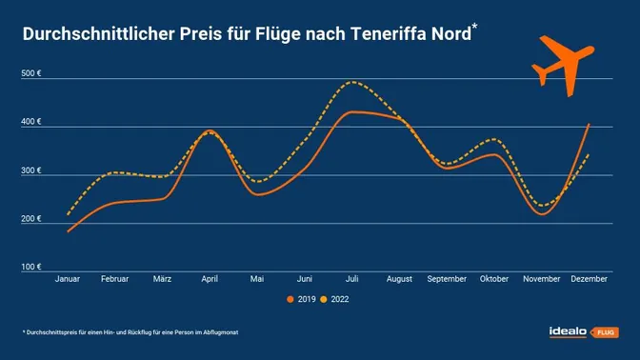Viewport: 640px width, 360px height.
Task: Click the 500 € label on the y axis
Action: point(31,74)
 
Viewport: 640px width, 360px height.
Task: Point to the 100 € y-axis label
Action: point(31,268)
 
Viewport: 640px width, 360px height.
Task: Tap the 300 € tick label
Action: point(31,171)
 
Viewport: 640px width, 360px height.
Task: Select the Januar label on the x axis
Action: point(69,280)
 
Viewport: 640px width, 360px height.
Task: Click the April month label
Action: point(210,280)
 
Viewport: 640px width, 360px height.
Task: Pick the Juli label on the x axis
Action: point(352,280)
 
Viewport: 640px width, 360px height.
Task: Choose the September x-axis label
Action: point(448,280)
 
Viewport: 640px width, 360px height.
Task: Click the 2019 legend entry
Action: point(303,300)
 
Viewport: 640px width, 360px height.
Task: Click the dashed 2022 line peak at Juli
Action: point(353,82)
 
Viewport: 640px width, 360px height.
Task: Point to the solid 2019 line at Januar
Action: point(69,230)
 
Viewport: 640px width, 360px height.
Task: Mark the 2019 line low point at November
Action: point(541,214)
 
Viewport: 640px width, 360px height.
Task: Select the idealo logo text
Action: point(570,331)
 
